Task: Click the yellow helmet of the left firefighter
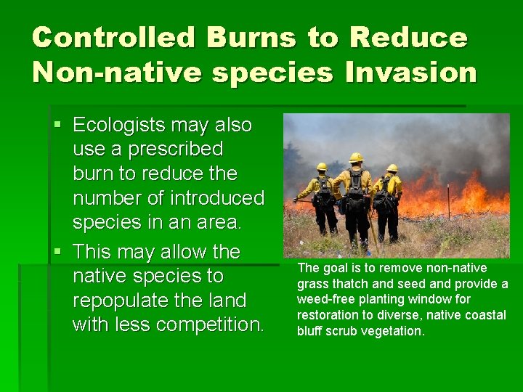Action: (322, 166)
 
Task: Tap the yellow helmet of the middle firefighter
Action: (356, 157)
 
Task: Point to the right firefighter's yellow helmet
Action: (392, 168)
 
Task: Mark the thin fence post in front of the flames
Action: (448, 201)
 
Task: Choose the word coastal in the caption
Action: (486, 315)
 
